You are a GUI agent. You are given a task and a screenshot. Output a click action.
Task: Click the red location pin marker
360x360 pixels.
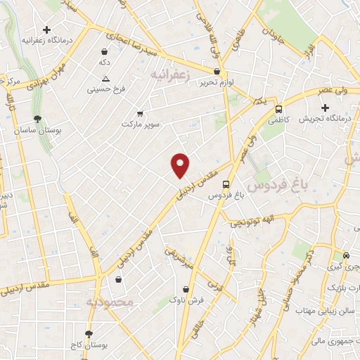coord(181,165)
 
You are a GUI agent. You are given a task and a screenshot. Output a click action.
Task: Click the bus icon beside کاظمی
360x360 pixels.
coord(279,109)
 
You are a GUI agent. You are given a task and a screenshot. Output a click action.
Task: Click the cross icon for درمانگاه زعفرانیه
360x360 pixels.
coord(46,30)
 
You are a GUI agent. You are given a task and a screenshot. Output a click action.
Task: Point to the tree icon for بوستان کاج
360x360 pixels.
coord(89,334)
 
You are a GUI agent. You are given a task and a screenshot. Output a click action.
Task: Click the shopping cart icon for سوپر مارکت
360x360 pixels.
coord(139,113)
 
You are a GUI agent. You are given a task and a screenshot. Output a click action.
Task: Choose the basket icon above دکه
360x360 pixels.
coord(105,51)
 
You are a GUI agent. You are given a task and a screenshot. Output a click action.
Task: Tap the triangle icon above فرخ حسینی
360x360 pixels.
coord(105,79)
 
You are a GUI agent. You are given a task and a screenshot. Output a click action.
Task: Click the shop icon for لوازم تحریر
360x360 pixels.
coord(217,71)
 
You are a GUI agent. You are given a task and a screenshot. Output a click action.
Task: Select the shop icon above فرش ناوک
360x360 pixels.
coord(186,289)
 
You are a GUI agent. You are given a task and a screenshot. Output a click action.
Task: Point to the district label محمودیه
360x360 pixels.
coord(110,302)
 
